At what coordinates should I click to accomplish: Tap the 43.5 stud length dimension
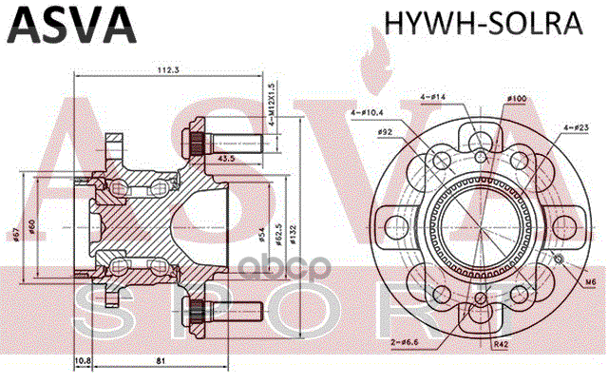click(x=228, y=158)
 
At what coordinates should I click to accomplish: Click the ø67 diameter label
click(x=20, y=234)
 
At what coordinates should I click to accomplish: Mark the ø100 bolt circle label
click(x=517, y=99)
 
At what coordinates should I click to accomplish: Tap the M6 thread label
click(x=590, y=281)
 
